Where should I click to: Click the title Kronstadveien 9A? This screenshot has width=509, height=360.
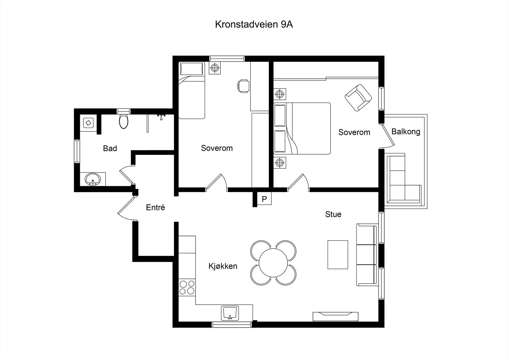click(x=254, y=25)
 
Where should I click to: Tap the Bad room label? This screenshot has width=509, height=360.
click(x=110, y=148)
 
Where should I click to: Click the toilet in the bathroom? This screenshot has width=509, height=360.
click(x=124, y=121)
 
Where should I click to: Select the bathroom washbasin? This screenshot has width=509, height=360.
click(x=93, y=179)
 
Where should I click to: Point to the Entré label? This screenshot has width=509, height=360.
click(x=155, y=208)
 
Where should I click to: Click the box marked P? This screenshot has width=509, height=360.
click(x=264, y=199)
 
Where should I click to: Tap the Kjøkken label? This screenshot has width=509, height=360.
click(x=223, y=266)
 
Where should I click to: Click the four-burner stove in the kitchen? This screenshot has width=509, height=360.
click(x=187, y=287)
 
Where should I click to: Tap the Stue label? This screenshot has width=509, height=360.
click(x=333, y=214)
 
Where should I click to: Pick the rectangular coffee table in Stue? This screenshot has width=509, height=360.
click(x=338, y=255)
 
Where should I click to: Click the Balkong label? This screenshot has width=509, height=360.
click(x=406, y=131)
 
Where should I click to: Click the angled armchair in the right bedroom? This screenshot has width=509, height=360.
click(x=359, y=98)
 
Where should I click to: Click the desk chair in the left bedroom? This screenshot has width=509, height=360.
click(x=243, y=86)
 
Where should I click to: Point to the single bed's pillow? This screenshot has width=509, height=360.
click(x=192, y=69)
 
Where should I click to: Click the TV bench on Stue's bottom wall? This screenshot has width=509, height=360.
click(x=335, y=316)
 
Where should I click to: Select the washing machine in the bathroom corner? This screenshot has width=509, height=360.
click(x=88, y=122)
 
